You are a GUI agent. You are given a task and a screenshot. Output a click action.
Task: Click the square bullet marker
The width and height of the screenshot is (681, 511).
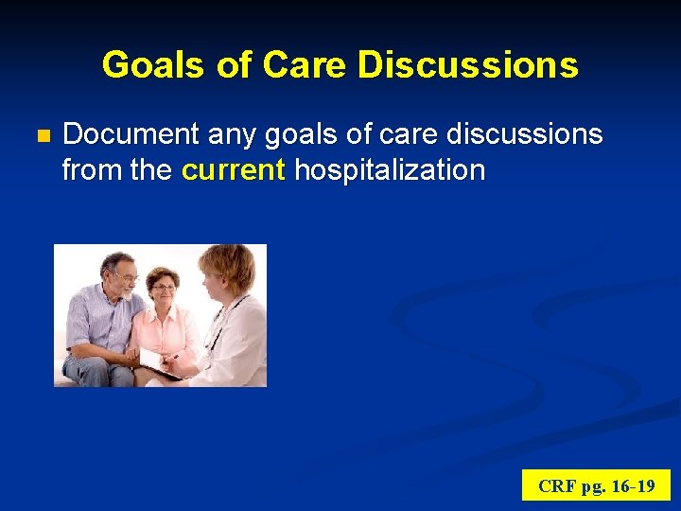click(x=41, y=136)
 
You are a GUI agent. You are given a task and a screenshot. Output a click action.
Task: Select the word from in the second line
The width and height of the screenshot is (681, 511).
click(x=86, y=171)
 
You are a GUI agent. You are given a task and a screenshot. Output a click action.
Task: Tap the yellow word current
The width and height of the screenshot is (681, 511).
click(x=234, y=171)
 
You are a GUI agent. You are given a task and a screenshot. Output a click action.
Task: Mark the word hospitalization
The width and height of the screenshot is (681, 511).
click(x=390, y=171)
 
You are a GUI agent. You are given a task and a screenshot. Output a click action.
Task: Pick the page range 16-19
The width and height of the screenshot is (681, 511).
click(x=634, y=486)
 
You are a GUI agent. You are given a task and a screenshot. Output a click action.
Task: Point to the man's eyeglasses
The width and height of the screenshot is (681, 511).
click(x=122, y=274)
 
